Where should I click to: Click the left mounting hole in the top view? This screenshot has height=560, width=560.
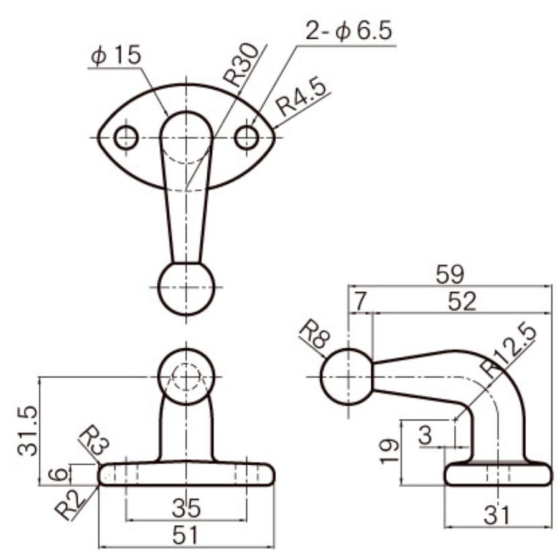tap(126, 138)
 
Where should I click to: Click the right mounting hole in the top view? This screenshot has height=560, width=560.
tap(246, 138)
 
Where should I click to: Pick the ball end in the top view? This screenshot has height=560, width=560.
tap(187, 289)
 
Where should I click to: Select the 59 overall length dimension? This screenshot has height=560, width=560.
tap(450, 274)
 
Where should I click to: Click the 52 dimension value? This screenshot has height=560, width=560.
tap(462, 302)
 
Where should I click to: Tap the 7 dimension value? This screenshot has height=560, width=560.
tap(360, 302)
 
